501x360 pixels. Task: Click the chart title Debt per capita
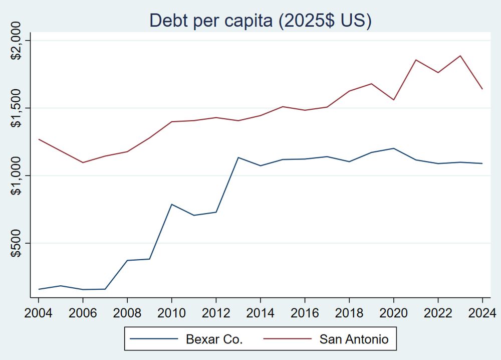click(x=261, y=22)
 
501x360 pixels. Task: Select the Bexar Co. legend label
click(x=214, y=339)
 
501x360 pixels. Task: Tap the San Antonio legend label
click(x=354, y=339)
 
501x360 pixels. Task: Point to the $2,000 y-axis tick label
click(x=17, y=41)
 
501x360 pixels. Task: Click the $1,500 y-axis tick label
click(x=17, y=108)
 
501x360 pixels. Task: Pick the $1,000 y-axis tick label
click(x=17, y=175)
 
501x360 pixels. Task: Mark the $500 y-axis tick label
click(x=17, y=243)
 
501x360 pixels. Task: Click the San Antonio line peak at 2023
click(x=460, y=56)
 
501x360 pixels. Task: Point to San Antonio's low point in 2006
click(x=83, y=162)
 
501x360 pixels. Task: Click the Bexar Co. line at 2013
click(x=238, y=157)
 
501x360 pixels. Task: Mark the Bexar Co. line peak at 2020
click(x=393, y=148)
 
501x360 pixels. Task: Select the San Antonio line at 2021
click(x=415, y=60)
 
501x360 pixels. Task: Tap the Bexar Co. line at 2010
click(x=171, y=204)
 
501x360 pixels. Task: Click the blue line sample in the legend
click(x=154, y=339)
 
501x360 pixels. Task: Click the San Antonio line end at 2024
click(x=482, y=89)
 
